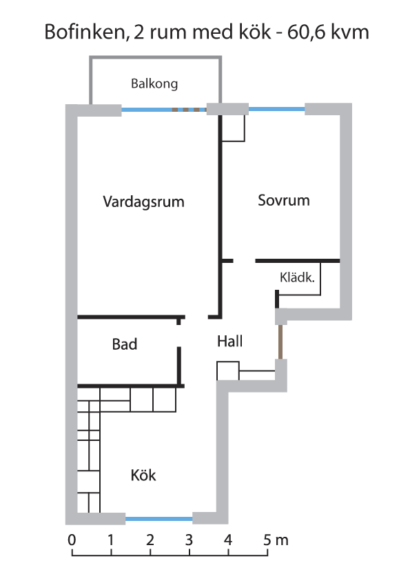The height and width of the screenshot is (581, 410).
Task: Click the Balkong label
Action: coord(154,83)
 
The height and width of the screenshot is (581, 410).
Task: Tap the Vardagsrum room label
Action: coord(143,202)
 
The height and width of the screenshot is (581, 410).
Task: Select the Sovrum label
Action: coord(284,201)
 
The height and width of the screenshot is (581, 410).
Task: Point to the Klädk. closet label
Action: coord(297,277)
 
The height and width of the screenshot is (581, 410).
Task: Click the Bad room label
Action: coord(125,344)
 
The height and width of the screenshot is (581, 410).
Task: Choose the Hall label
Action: coord(229,342)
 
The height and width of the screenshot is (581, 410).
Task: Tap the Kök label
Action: coord(143,475)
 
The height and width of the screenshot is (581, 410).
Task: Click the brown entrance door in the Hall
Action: coord(280,342)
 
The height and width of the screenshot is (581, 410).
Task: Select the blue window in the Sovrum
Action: coord(277,109)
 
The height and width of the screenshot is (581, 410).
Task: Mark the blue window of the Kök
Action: coord(159,519)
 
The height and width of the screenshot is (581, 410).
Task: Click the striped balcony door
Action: coord(189,110)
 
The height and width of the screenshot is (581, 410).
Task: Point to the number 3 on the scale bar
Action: coord(189,540)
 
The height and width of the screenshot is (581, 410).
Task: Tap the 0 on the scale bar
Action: coord(72,540)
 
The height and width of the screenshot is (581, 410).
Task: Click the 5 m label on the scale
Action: coord(276,540)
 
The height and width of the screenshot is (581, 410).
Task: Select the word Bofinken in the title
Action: coord(85,32)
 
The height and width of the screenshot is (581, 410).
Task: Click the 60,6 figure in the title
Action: coord(307,32)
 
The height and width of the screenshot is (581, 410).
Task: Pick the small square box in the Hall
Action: coord(228,371)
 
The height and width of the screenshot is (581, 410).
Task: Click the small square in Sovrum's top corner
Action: coord(233,128)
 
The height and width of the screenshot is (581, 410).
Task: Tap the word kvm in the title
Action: coord(349,32)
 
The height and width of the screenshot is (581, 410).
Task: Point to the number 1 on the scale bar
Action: coord(111,540)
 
